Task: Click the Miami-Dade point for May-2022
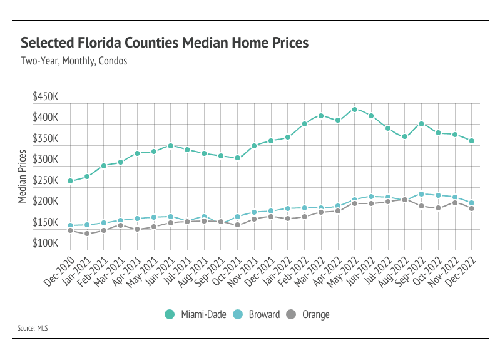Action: coord(354,110)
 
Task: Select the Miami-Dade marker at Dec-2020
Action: coord(70,181)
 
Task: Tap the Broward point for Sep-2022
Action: coord(421,194)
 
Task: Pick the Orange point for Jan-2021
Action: coord(87,234)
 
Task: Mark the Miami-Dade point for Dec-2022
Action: coord(471,141)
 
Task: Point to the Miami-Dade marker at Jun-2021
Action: coord(170,146)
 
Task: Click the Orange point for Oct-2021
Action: coord(237,224)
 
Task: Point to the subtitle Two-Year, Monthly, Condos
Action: coord(74,61)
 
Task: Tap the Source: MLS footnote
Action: coord(34,327)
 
